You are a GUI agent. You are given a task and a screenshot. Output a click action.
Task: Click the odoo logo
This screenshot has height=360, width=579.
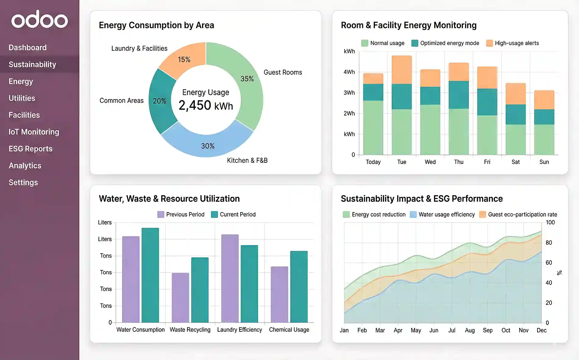(40, 20)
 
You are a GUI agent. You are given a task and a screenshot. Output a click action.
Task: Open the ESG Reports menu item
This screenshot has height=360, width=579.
(30, 149)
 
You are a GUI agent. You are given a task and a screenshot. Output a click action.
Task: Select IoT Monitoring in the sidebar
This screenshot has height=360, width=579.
(34, 132)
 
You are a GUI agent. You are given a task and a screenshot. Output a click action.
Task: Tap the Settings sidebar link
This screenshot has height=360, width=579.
(23, 183)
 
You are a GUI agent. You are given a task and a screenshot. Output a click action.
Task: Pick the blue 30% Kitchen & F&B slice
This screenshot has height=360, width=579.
(207, 145)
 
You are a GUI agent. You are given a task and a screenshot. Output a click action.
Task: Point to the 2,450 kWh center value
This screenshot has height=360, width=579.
(206, 105)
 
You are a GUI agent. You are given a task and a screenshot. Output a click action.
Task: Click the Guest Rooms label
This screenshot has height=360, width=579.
(282, 73)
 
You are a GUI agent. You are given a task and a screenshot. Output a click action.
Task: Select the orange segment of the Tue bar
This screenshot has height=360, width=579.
(402, 70)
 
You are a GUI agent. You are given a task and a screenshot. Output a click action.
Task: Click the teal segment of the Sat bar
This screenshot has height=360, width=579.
(515, 114)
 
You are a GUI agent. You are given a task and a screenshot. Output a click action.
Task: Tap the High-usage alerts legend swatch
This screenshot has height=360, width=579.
(489, 43)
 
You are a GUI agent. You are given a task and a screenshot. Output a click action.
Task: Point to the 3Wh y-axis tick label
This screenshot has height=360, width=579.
(349, 93)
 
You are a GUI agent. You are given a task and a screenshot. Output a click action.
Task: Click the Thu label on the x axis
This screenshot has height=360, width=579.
(458, 162)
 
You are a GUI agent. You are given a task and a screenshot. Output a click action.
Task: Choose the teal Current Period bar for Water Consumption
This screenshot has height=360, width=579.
(150, 275)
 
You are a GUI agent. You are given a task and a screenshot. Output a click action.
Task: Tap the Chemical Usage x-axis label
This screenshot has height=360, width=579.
(289, 330)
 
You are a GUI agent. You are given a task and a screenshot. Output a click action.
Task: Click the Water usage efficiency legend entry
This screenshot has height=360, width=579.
(442, 215)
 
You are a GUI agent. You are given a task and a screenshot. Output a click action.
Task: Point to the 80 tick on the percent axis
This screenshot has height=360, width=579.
(549, 243)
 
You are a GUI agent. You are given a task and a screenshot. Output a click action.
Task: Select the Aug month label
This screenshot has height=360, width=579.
(470, 330)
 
